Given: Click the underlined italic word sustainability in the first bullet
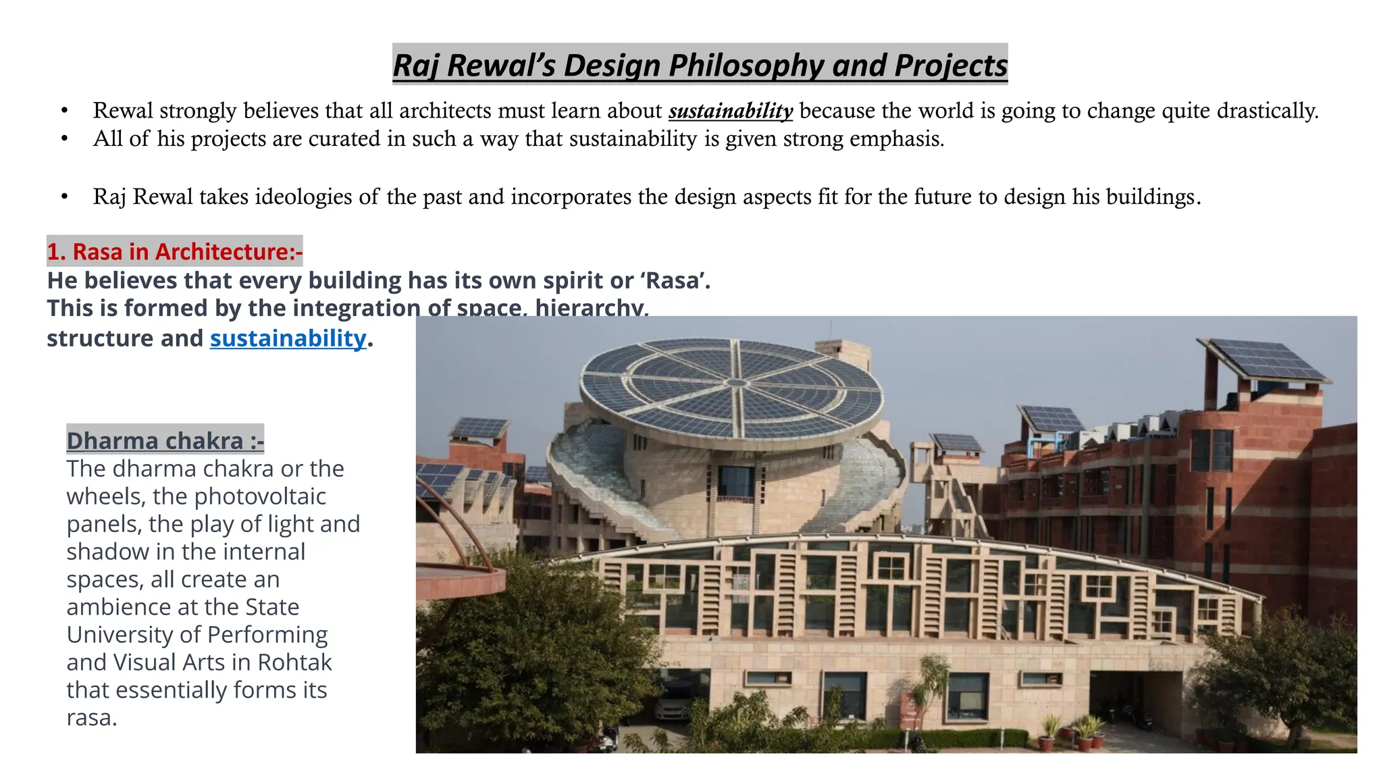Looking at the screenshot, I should [x=730, y=111].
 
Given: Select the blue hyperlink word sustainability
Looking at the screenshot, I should [x=288, y=338].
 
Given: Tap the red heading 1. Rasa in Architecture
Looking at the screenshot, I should [x=174, y=252].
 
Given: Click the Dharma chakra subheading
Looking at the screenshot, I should [x=165, y=441].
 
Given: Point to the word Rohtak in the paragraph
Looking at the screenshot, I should [x=294, y=663].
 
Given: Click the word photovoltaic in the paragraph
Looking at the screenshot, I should [x=261, y=496].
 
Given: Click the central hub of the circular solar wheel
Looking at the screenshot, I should [x=737, y=383].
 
